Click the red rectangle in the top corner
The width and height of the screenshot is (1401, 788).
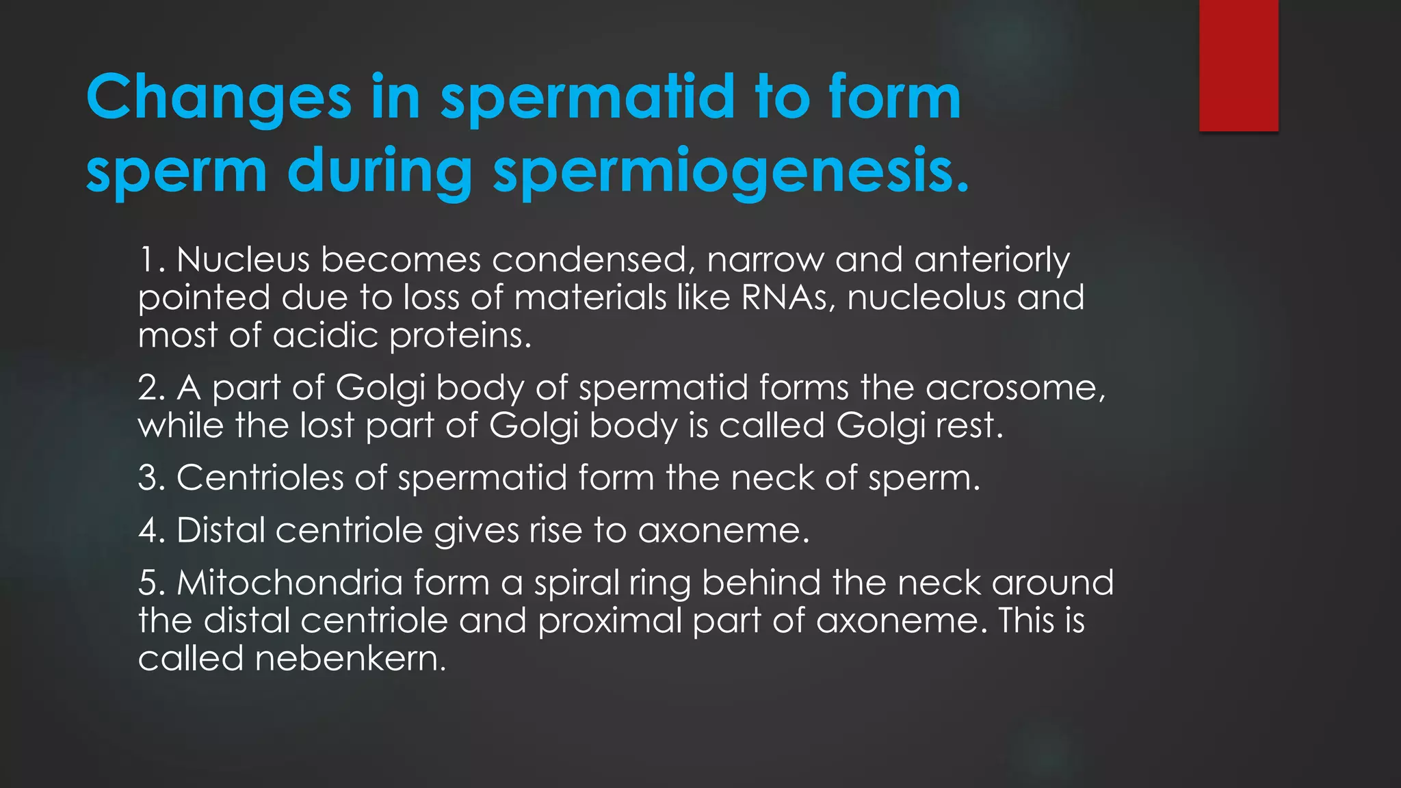click(1238, 65)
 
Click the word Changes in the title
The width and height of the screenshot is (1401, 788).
click(219, 98)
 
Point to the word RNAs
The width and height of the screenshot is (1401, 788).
click(787, 298)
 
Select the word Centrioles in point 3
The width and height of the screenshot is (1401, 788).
click(260, 477)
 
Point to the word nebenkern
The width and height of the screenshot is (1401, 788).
click(350, 659)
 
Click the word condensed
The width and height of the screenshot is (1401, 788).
click(588, 260)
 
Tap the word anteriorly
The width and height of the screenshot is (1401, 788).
click(991, 260)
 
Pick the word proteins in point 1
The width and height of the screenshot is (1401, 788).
click(459, 335)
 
